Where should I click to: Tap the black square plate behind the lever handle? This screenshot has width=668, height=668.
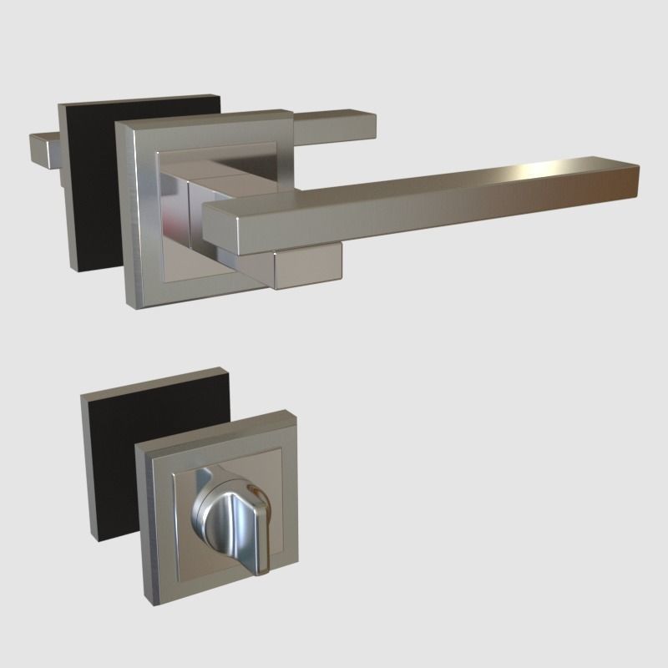tap(88, 192)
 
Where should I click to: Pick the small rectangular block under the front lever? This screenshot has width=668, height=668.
tap(309, 266)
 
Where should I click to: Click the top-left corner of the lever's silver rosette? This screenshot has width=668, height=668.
tap(117, 124)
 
